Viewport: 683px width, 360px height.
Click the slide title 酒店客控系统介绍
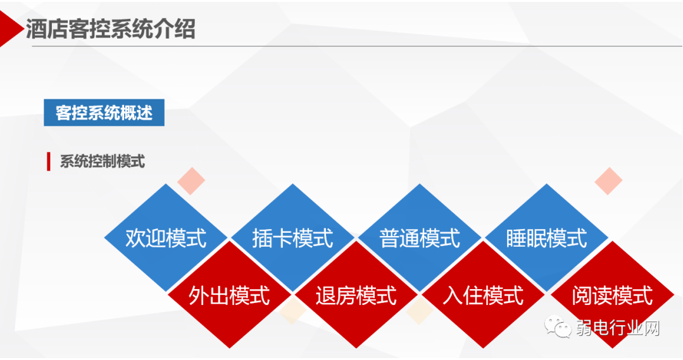(x=110, y=29)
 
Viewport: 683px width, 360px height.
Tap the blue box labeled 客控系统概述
(x=104, y=113)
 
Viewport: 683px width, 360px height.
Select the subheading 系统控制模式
(x=102, y=161)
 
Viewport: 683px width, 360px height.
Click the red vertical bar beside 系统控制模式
(x=49, y=161)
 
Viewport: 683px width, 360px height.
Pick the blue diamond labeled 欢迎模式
(x=166, y=238)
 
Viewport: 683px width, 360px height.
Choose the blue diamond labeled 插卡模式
(x=292, y=238)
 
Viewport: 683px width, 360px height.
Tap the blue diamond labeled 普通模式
(x=420, y=238)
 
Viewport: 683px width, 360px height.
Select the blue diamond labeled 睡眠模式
(x=546, y=238)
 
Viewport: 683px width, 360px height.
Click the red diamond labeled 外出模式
(x=229, y=295)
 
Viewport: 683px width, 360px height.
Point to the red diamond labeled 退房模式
(x=356, y=295)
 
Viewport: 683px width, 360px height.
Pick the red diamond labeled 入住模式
(x=483, y=295)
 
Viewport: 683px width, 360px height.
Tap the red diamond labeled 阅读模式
(x=611, y=295)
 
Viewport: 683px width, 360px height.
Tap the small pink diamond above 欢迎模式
(x=191, y=181)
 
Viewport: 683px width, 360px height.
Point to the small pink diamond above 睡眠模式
(x=608, y=181)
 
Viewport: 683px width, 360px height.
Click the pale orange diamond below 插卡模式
(x=292, y=310)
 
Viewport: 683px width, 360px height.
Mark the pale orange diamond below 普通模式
(x=419, y=310)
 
